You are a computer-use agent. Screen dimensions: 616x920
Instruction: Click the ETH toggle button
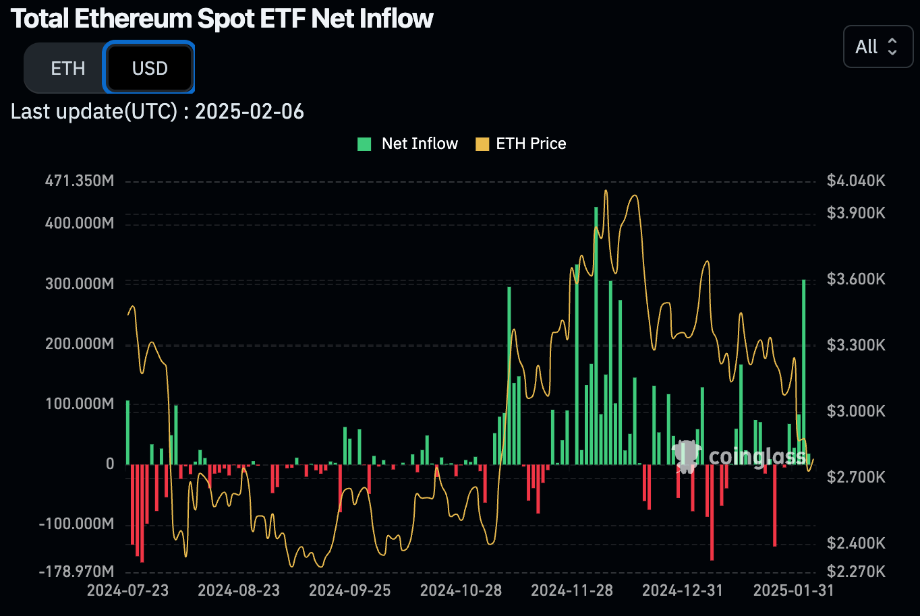(x=67, y=69)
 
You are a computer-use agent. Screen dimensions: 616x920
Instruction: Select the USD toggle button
(x=149, y=69)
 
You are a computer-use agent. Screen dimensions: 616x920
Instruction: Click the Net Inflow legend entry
(x=408, y=144)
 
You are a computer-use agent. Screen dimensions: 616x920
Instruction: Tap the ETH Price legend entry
(x=521, y=144)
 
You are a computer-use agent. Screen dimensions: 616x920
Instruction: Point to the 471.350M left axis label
(x=80, y=181)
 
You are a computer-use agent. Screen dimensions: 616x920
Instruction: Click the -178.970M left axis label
(x=77, y=572)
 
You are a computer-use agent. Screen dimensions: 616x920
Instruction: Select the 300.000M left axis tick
(x=80, y=283)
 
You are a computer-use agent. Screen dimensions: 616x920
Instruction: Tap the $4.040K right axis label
(x=856, y=181)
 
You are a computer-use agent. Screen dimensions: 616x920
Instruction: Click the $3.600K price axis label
(x=856, y=279)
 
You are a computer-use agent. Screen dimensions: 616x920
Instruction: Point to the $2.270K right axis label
(x=856, y=572)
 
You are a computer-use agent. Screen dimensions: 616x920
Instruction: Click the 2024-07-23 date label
(x=128, y=590)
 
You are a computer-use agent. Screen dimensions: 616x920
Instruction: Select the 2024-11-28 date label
(x=572, y=590)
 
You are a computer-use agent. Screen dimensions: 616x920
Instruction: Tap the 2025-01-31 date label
(x=793, y=590)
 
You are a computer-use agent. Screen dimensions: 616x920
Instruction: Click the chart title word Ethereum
(x=133, y=19)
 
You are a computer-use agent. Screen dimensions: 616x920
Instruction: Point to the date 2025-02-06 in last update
(x=250, y=111)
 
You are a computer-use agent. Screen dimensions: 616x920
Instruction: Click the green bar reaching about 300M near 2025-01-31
(x=804, y=371)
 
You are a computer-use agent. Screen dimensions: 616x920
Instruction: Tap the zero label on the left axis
(x=110, y=464)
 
